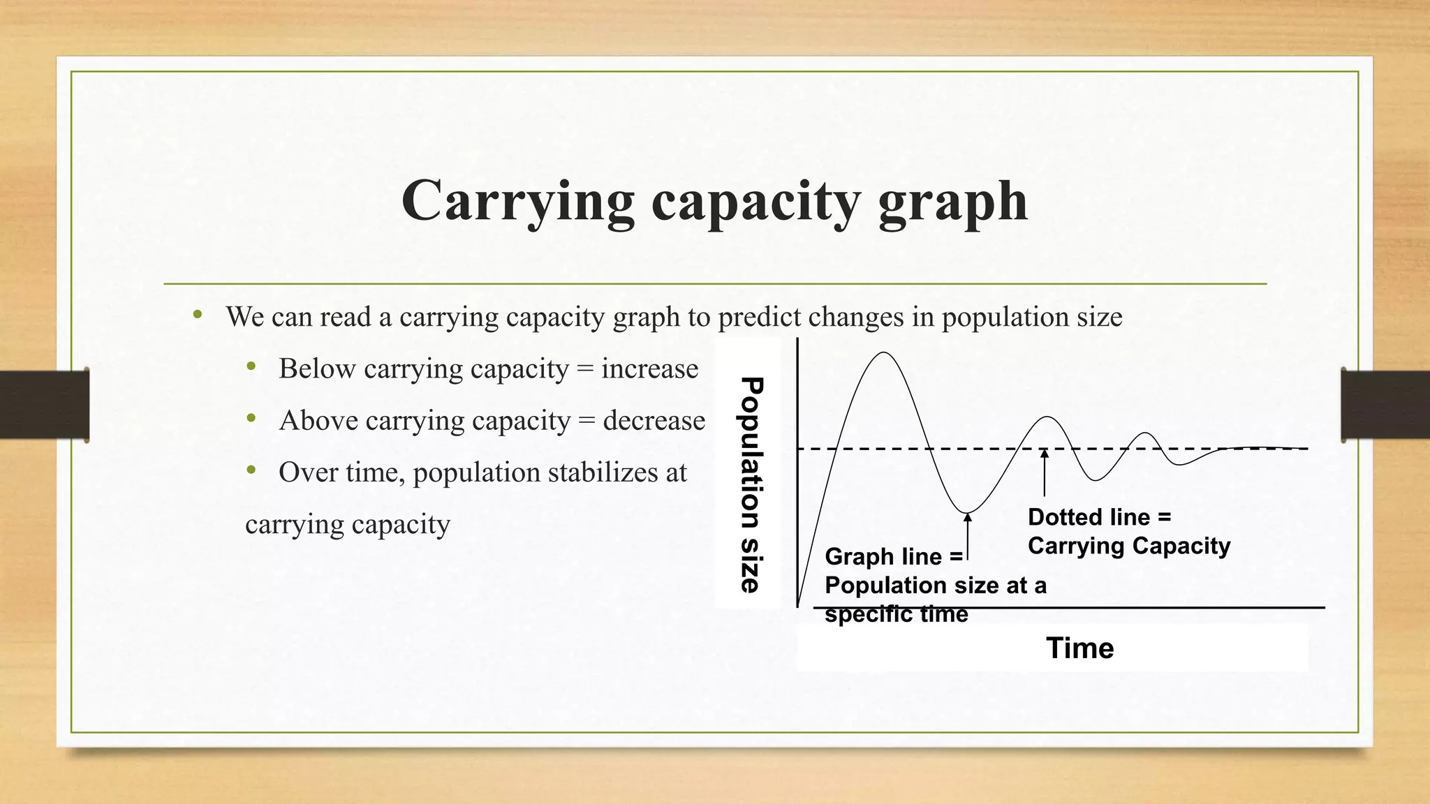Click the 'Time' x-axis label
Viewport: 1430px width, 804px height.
point(1079,648)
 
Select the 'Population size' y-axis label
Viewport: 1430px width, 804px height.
point(750,485)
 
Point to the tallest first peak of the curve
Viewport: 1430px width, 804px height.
point(884,353)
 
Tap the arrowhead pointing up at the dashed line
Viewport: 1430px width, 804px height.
point(1045,454)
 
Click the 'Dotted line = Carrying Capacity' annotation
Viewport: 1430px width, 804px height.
point(1128,531)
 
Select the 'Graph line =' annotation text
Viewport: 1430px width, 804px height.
point(893,556)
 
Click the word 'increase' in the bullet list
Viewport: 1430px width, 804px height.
point(649,368)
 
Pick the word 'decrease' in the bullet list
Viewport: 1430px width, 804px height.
point(654,420)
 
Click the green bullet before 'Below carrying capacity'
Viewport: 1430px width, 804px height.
point(251,366)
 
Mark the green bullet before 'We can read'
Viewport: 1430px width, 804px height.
point(198,315)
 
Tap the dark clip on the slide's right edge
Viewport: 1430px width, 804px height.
point(1385,405)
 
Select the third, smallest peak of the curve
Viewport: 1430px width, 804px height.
point(1146,434)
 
